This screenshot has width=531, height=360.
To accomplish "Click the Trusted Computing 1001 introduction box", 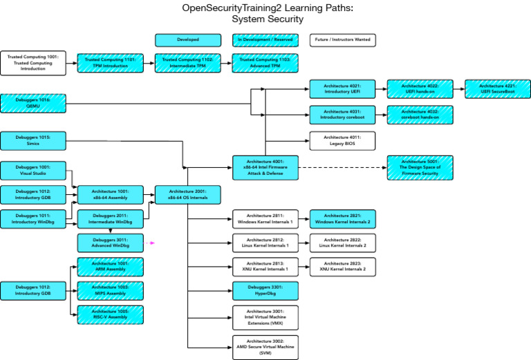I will (33, 64).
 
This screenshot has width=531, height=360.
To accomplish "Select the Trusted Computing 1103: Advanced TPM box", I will (265, 64).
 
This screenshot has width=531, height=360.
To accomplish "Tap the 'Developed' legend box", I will (187, 40).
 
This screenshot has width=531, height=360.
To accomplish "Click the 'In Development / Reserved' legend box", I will (265, 40).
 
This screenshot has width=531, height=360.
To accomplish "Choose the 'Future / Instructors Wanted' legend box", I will (342, 40).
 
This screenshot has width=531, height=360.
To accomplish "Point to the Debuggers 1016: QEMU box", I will (33, 104).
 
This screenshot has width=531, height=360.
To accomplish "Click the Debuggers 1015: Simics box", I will (33, 141).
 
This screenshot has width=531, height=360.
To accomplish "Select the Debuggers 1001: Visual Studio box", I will (33, 170).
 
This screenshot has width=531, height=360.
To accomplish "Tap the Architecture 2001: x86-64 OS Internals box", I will (187, 195).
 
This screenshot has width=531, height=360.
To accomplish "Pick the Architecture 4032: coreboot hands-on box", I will (420, 114).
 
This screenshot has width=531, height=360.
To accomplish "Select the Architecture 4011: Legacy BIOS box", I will (342, 141).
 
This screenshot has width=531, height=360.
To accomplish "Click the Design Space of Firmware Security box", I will (420, 167).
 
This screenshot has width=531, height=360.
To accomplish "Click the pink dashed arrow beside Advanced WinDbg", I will (150, 243).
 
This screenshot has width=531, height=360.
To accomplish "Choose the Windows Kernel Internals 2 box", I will (342, 219).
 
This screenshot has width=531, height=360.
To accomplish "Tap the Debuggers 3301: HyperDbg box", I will (265, 290).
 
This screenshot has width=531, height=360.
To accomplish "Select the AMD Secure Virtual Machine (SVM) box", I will (265, 346).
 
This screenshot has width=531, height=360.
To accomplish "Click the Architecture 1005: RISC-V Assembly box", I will (110, 314).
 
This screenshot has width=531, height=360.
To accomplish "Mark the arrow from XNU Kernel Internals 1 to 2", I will (304, 267).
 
